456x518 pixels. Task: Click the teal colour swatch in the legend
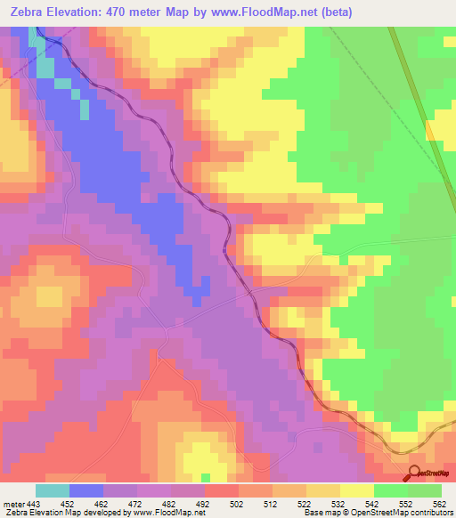click(53, 490)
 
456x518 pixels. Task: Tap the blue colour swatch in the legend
click(86, 490)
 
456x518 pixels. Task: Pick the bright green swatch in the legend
click(391, 490)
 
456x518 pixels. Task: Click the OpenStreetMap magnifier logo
click(415, 472)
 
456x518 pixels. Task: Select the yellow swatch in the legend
click(357, 490)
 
